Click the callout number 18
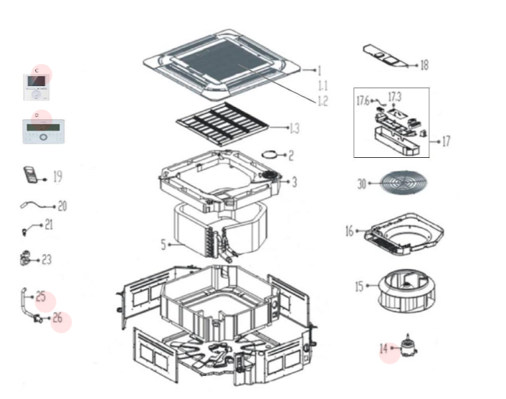424,65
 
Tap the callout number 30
362,184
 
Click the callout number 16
349,231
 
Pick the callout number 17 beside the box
446,141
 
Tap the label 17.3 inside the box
395,96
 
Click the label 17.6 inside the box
363,101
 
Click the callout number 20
62,206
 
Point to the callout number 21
49,225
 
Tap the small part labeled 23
27,258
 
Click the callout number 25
41,296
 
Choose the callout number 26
57,316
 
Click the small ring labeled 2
271,154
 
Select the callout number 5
163,245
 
